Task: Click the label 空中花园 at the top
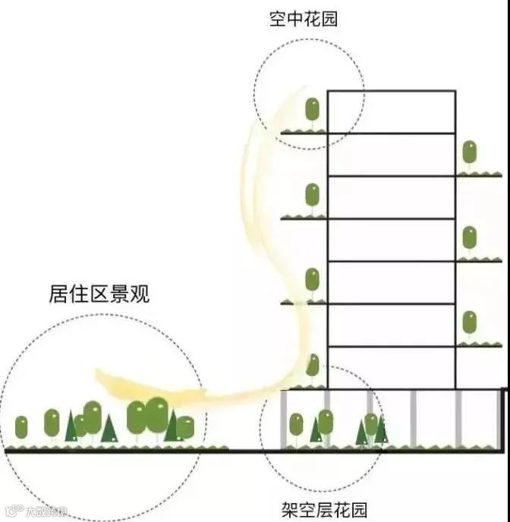point(303,19)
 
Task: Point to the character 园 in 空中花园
point(329,19)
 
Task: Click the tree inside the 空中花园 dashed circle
point(312,111)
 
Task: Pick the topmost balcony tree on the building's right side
point(470,153)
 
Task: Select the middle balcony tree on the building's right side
point(470,238)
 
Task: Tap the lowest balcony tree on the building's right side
point(470,323)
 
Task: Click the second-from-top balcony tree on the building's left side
point(312,196)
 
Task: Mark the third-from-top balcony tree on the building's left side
point(312,281)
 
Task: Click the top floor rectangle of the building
point(391,112)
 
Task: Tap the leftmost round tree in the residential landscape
point(21,427)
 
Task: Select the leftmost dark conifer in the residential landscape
point(71,427)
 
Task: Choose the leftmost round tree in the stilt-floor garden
point(296,425)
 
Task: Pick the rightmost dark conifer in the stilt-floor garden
point(381,431)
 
